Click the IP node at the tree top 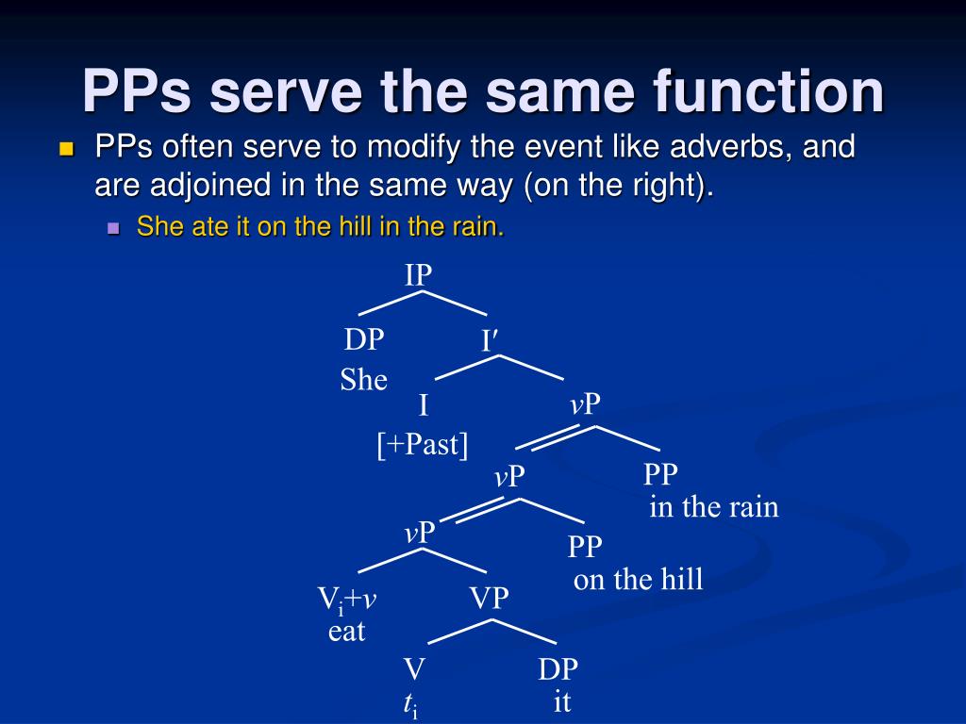418,275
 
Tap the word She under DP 363,380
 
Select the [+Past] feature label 423,444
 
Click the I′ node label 488,340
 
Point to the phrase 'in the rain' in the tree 713,507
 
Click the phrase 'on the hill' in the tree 638,579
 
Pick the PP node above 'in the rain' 660,474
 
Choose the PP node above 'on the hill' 585,547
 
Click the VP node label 489,598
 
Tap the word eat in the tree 346,632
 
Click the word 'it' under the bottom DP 562,702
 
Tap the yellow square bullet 65,149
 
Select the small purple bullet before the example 114,228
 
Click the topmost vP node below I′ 585,404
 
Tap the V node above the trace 414,670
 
